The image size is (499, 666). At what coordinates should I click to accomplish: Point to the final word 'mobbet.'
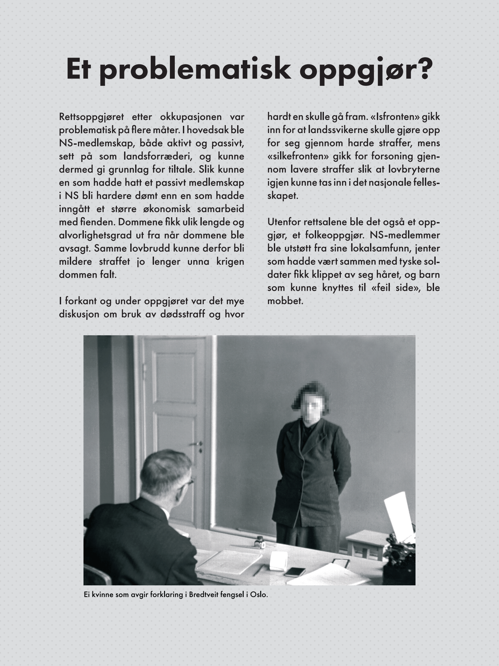tap(285, 301)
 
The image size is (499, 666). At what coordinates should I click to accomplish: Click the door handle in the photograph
tap(197, 444)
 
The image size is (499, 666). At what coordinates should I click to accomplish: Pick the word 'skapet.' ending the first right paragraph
tap(283, 196)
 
